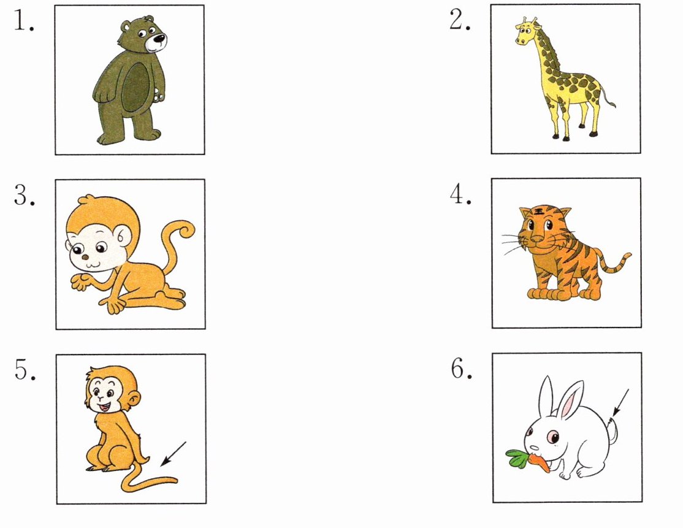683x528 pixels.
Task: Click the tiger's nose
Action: click(x=536, y=239)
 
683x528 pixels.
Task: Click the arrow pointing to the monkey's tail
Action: click(x=174, y=454)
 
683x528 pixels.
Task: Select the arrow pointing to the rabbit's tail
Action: click(x=620, y=402)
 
